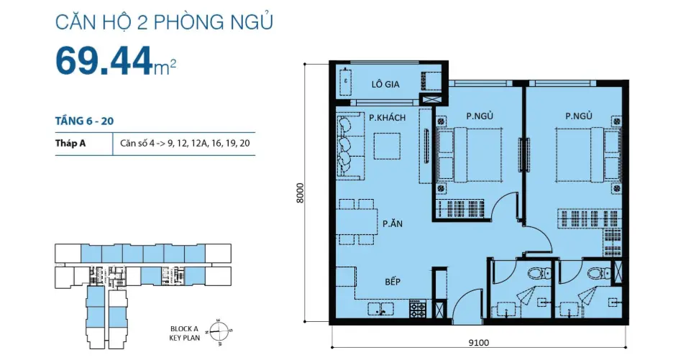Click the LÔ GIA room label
click(x=385, y=84)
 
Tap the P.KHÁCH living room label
click(x=387, y=117)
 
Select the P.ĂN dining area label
click(x=393, y=223)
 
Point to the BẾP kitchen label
click(x=393, y=281)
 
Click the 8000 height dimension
click(x=300, y=193)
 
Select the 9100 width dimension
click(x=479, y=343)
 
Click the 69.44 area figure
click(x=104, y=60)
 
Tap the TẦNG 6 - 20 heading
click(x=85, y=121)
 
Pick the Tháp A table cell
click(x=70, y=143)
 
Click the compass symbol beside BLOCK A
click(x=219, y=331)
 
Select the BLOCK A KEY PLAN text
click(x=185, y=333)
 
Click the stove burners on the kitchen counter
click(x=418, y=309)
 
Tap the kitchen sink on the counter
click(x=381, y=309)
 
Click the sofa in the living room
click(x=351, y=145)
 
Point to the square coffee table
click(x=387, y=147)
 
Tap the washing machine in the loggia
click(x=431, y=80)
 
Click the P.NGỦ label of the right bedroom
click(x=579, y=116)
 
